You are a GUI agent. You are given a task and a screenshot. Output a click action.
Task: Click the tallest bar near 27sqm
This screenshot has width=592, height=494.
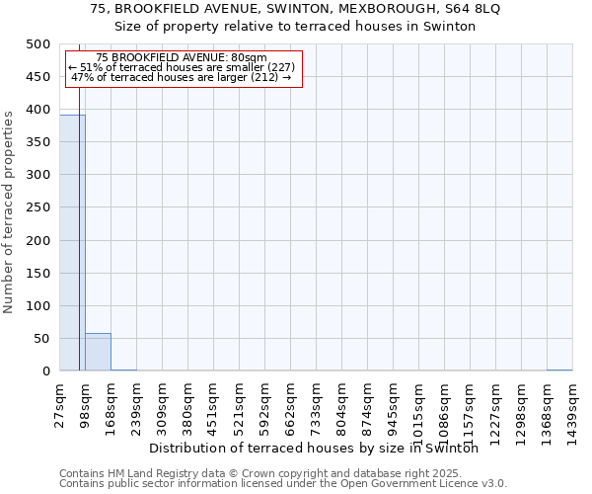coord(72,242)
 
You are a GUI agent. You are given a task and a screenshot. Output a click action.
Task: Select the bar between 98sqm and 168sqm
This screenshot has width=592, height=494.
coord(98,352)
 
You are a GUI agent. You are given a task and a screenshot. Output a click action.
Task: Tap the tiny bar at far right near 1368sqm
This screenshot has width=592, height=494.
coord(558,370)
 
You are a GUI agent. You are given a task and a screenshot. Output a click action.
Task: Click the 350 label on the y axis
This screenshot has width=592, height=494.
coord(38,142)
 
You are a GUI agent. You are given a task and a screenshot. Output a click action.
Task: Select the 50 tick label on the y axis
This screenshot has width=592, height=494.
coord(42,339)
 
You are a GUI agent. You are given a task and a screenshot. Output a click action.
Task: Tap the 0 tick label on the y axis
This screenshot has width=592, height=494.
coord(45,371)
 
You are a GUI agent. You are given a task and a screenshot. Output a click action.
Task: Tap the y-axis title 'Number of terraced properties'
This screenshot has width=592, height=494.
coord(9,211)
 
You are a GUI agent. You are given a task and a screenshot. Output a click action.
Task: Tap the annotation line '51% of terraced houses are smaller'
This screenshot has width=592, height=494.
coord(183,67)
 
